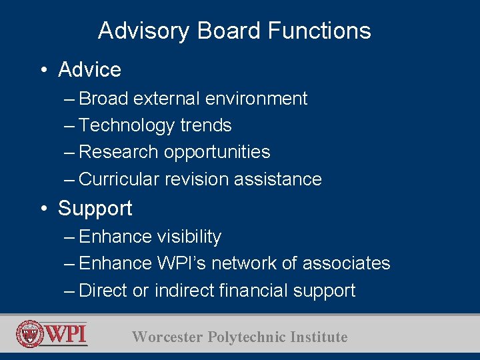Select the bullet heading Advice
[89, 70]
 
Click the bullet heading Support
[95, 209]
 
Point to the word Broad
[103, 99]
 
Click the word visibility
[189, 237]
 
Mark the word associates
[346, 263]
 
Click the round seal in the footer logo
[30, 334]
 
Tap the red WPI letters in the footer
[66, 333]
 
